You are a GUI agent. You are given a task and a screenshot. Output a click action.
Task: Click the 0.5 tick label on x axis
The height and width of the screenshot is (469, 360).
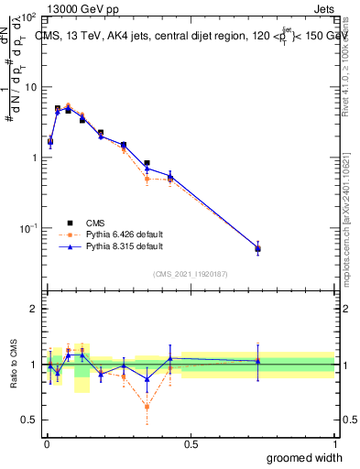pos(190,444)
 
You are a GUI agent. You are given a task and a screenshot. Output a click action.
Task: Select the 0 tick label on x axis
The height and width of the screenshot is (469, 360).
pos(46,444)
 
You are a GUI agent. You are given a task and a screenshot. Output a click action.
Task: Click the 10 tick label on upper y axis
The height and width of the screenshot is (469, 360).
pos(30,87)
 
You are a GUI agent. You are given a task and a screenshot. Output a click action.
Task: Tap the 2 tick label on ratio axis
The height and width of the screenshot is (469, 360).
pos(35,309)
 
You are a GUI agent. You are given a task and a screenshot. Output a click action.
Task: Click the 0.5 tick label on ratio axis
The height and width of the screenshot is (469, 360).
pos(30,420)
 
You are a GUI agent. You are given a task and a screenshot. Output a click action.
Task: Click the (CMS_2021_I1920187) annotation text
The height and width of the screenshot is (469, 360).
pos(190,272)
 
